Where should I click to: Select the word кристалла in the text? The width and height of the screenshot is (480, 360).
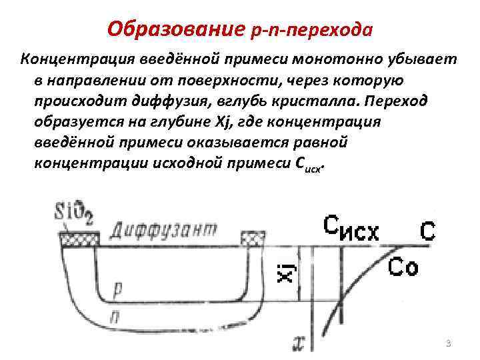pos(319,101)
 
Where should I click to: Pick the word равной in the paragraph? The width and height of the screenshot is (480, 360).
pos(322,143)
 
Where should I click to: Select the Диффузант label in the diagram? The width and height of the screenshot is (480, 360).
pos(164,230)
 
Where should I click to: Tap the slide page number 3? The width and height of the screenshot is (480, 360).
pos(448,343)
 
